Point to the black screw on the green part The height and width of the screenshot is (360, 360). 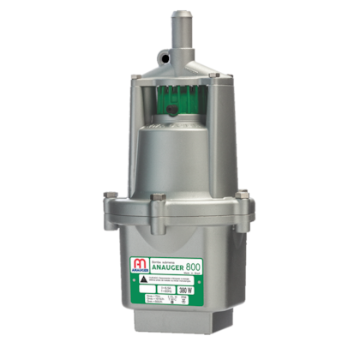[x=176, y=111]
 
